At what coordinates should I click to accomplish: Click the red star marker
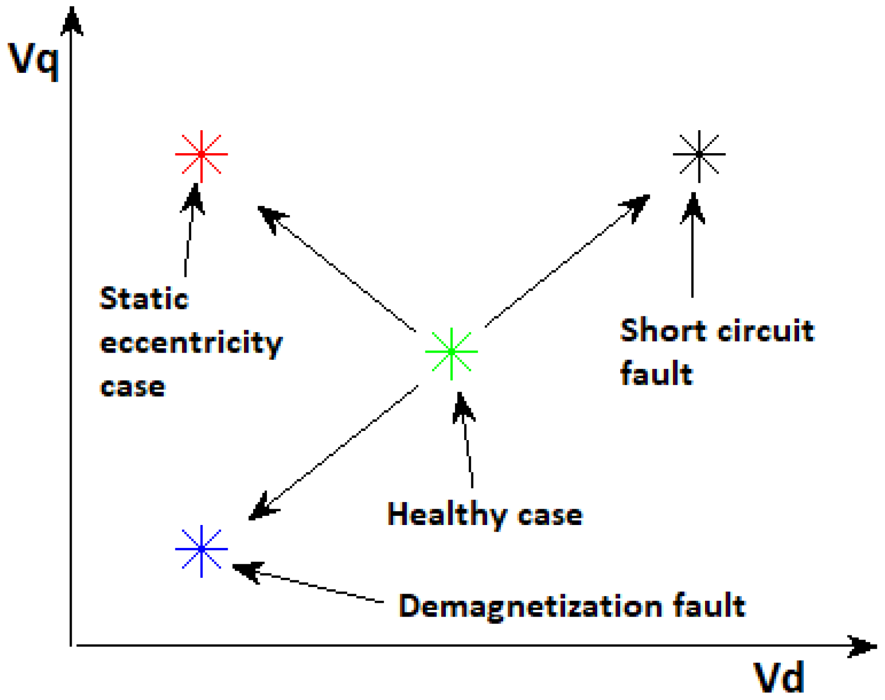(201, 154)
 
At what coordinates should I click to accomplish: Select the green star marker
(451, 352)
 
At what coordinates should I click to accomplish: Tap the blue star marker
(201, 549)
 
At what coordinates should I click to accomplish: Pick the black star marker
(699, 154)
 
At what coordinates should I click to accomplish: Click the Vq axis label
(34, 60)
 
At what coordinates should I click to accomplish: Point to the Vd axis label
(778, 678)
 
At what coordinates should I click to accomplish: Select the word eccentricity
(191, 344)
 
